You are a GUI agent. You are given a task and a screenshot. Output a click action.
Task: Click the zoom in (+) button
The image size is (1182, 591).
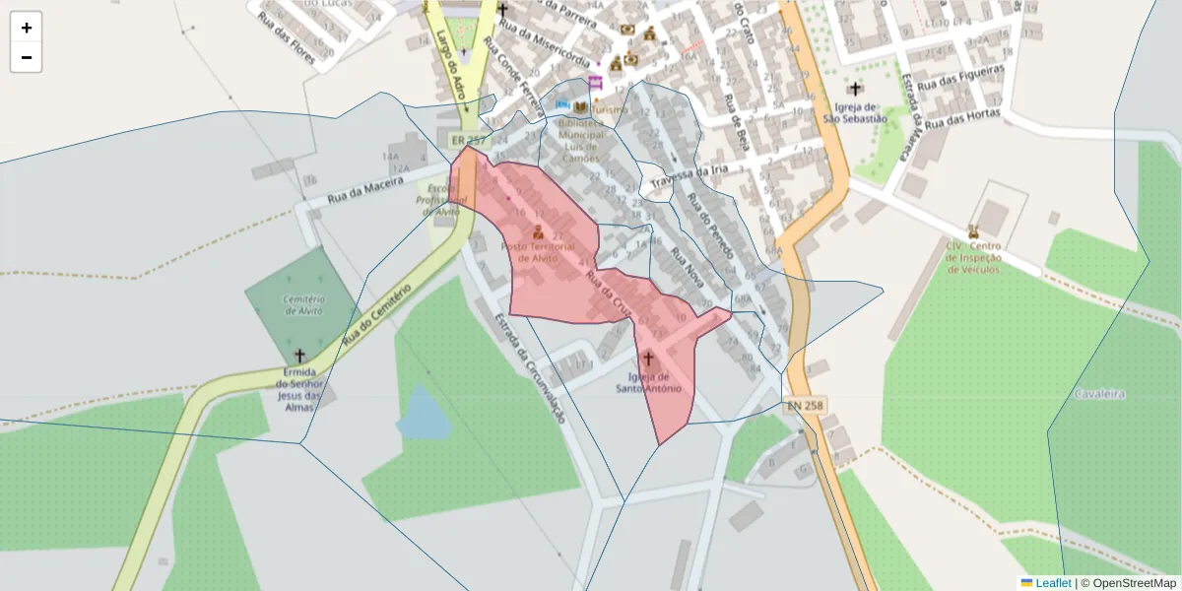pos(27,28)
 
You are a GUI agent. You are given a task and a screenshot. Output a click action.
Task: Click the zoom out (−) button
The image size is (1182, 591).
pos(27,57)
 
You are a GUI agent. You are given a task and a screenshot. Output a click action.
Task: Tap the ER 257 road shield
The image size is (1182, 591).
pos(469,141)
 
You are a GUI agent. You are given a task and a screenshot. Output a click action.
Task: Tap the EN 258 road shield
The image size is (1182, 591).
pos(805,405)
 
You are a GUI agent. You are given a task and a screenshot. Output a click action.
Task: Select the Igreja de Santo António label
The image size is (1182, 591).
pos(649,382)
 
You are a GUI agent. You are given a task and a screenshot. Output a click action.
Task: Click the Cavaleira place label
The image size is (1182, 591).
pos(1100,394)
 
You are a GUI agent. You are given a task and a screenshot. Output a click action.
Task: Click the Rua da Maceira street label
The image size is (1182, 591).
pos(365,186)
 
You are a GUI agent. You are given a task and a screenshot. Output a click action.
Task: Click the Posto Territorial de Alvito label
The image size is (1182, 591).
pos(537,251)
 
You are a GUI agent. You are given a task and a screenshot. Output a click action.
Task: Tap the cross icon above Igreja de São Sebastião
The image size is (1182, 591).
pos(855,90)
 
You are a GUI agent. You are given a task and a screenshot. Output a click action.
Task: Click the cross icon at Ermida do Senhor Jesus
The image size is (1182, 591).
pos(299,355)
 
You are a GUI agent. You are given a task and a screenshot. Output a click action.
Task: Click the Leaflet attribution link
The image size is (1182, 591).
pos(1053,583)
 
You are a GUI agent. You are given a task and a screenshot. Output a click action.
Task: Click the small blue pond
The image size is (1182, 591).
pos(424,416)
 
